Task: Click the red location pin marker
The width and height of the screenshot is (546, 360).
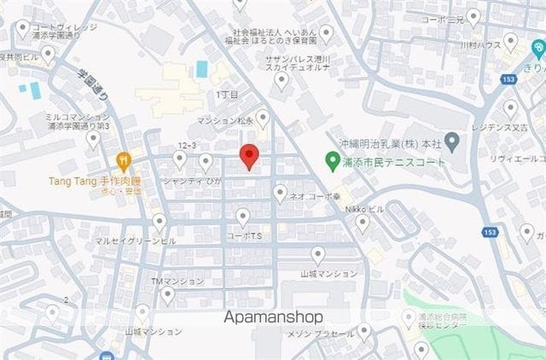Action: pyautogui.click(x=248, y=156)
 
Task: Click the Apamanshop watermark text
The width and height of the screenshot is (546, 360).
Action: pyautogui.click(x=273, y=316)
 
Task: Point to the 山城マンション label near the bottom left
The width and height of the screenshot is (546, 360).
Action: pyautogui.click(x=154, y=331)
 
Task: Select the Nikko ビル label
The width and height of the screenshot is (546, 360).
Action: pyautogui.click(x=362, y=208)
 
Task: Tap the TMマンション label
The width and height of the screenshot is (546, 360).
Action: pyautogui.click(x=177, y=281)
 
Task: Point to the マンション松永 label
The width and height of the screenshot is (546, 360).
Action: pyautogui.click(x=225, y=120)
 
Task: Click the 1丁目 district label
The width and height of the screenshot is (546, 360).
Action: pyautogui.click(x=227, y=95)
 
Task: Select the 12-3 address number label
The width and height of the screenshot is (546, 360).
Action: pyautogui.click(x=188, y=146)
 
